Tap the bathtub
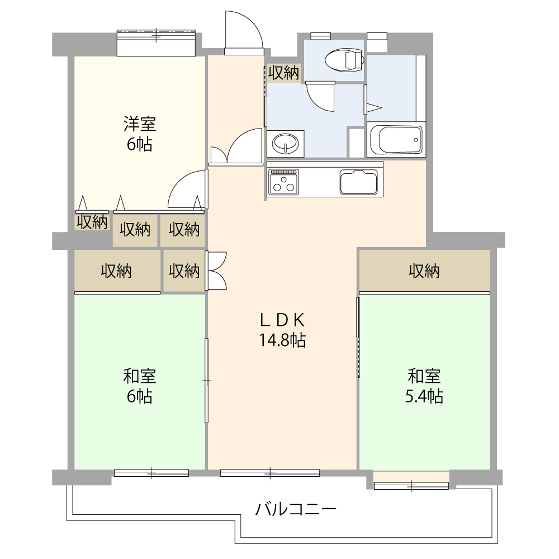(x=396, y=140)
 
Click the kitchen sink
(x=359, y=181)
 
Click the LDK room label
(x=282, y=320)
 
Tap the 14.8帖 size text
(x=282, y=340)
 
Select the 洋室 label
(x=140, y=123)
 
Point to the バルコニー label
(x=296, y=509)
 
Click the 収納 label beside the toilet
(x=283, y=73)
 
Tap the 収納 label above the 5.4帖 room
(x=424, y=272)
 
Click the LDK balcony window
(x=270, y=473)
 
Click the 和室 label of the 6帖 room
(x=140, y=375)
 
